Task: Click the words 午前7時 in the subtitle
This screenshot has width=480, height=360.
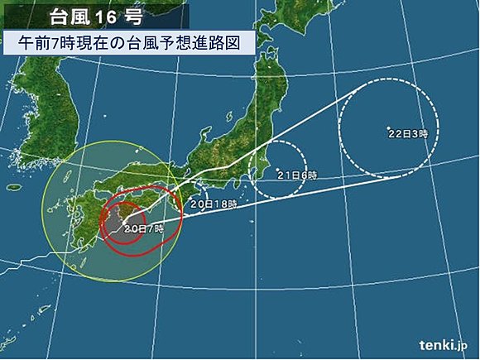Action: (x=46, y=43)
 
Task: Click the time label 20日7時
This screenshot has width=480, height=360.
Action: (x=143, y=227)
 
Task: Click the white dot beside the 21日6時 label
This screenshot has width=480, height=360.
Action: (x=276, y=175)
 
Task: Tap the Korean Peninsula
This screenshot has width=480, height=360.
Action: (x=33, y=124)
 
